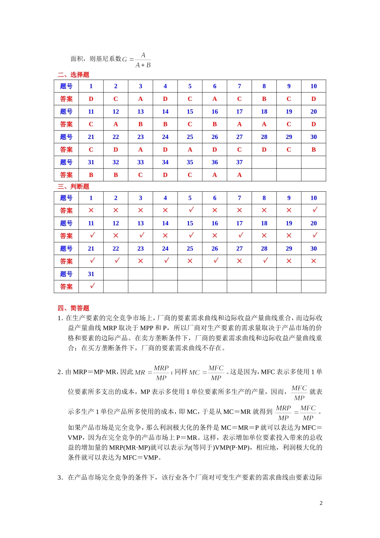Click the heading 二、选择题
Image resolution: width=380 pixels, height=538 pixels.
73,74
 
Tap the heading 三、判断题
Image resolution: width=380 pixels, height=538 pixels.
73,187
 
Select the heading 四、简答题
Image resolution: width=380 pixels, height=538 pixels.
73,308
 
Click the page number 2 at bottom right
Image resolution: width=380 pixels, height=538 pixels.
321,503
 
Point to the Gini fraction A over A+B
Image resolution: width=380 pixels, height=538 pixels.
143,60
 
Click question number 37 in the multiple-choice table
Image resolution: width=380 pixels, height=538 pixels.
239,162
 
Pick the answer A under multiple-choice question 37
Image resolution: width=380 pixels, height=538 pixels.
239,175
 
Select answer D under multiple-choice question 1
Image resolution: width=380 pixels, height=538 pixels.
91,99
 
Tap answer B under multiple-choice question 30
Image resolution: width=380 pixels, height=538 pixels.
314,150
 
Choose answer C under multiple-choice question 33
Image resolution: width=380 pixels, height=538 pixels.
140,175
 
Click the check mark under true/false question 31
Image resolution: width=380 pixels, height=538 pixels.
92,286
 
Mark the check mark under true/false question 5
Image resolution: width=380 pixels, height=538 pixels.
191,210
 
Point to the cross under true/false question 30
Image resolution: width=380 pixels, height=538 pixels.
314,261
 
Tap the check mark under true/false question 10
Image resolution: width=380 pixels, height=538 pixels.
315,210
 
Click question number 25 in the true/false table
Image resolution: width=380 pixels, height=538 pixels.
190,249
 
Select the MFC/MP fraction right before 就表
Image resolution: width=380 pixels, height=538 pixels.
299,393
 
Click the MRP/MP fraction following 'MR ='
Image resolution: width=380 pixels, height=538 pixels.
161,373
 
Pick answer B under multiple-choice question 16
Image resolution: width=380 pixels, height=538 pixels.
215,124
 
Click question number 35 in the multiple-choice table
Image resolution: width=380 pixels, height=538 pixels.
190,162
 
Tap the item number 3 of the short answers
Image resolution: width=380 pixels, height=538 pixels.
60,478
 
